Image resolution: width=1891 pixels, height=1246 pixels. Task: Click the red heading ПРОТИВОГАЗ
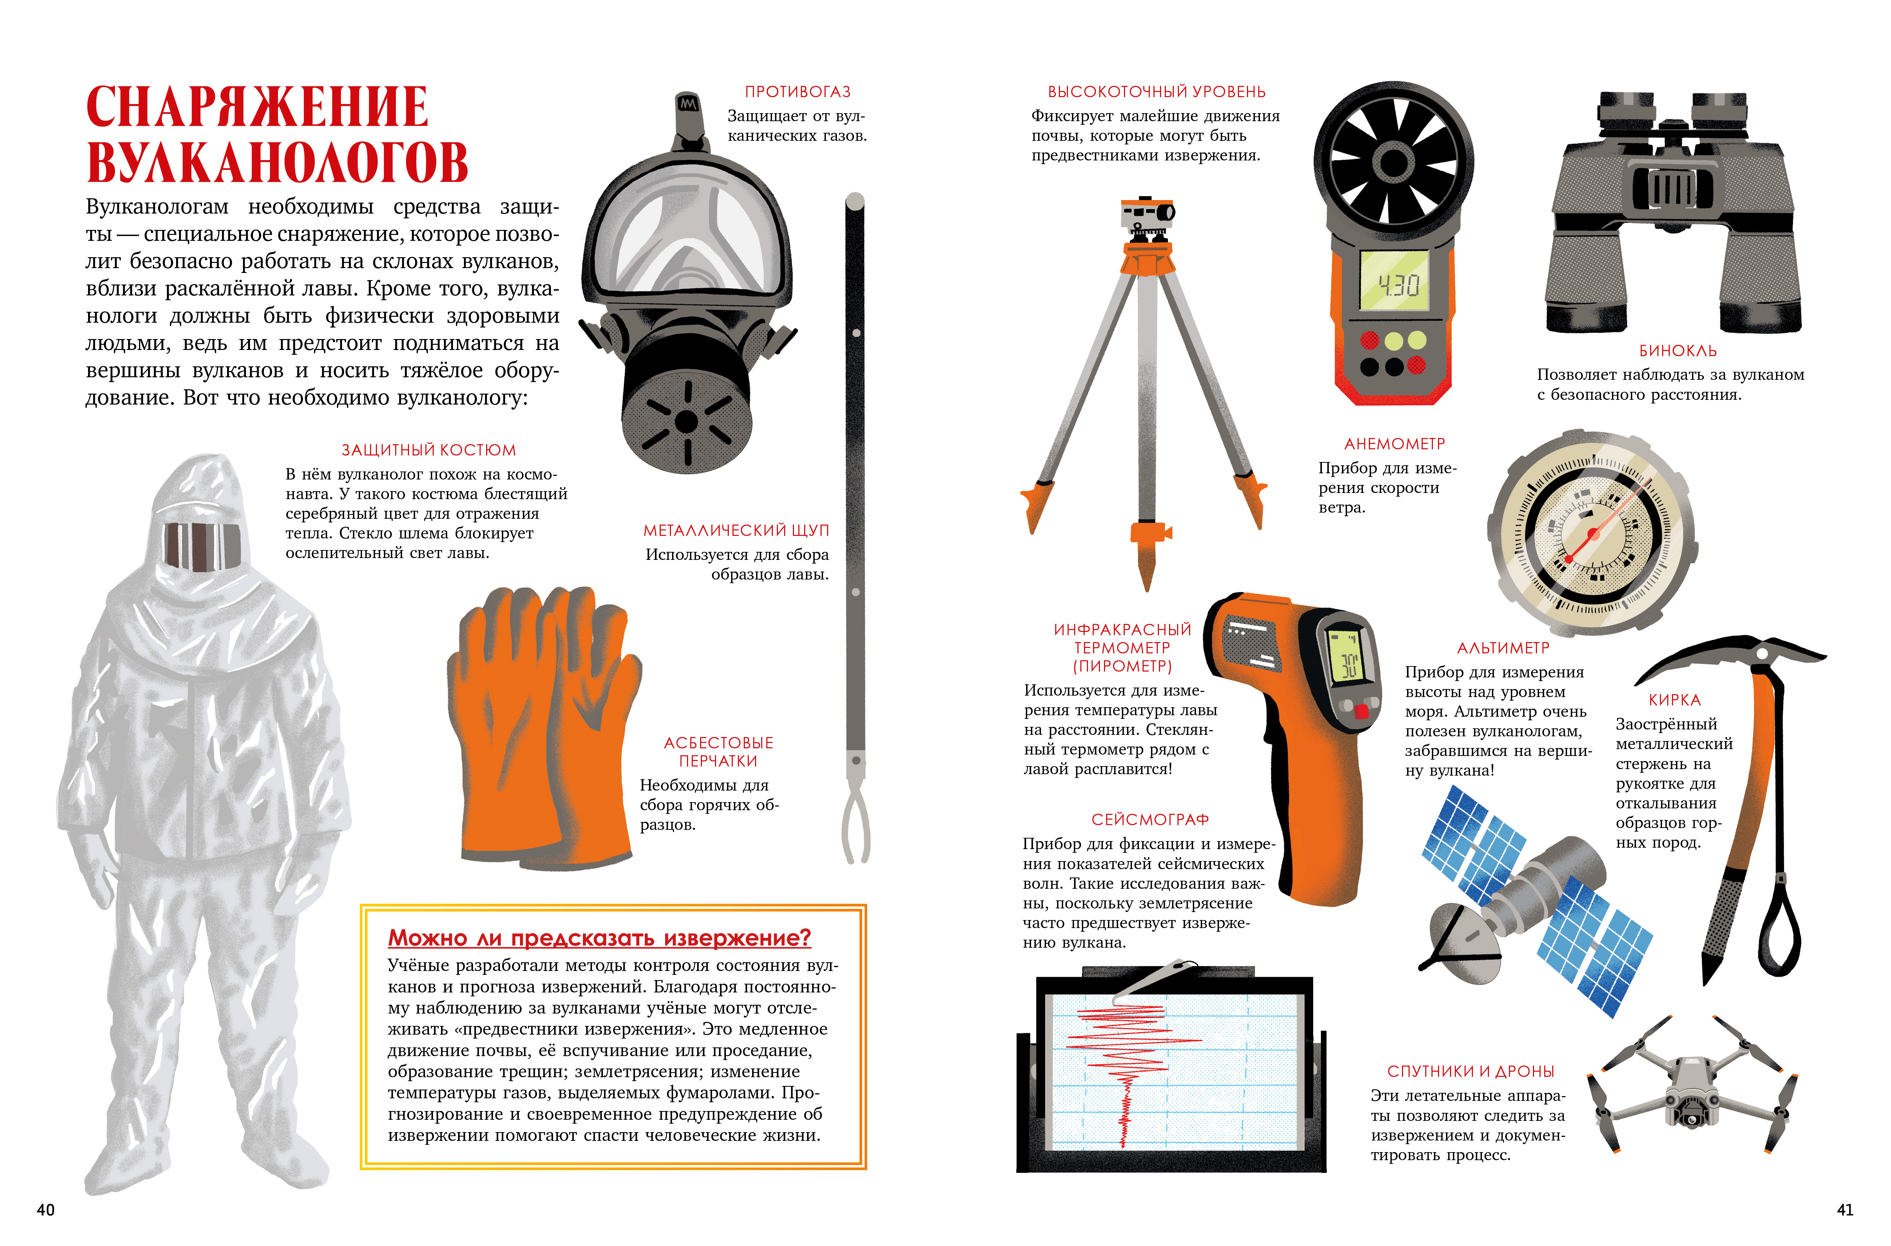[797, 92]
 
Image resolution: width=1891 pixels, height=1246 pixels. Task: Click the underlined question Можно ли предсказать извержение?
[599, 939]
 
